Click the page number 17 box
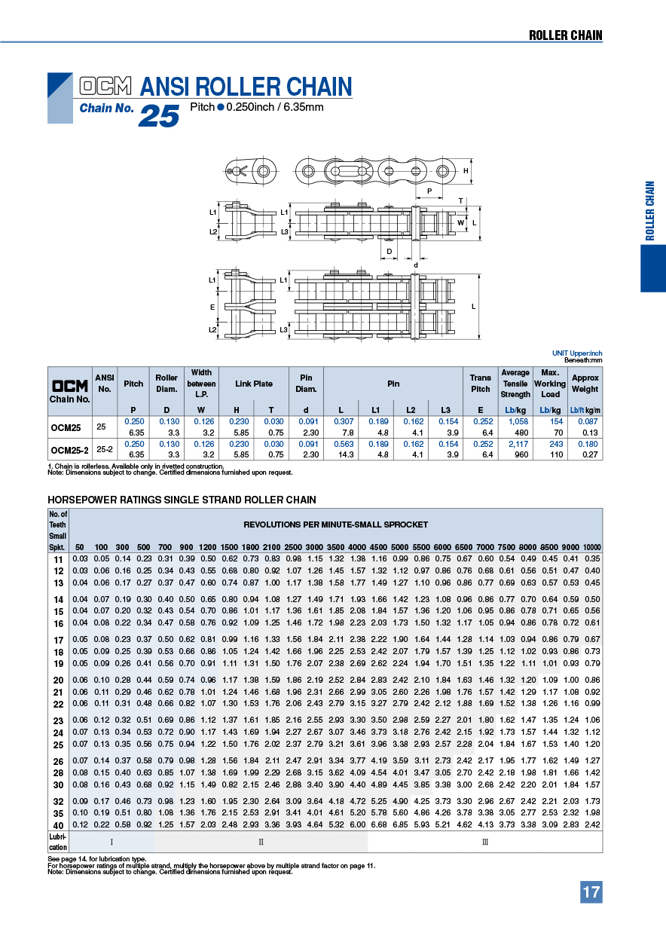591,892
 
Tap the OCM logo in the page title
105,85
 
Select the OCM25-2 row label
70,450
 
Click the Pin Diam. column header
306,384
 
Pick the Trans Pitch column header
481,384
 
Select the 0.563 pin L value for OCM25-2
344,445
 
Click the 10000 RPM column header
592,546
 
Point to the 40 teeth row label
58,825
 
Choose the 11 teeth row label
58,558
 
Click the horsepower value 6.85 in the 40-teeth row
401,825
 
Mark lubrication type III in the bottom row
485,842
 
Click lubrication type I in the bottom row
112,842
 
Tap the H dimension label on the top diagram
466,170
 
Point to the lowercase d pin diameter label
415,265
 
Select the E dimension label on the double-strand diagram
212,307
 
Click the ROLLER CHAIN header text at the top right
565,35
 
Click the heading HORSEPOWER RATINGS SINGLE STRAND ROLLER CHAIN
182,500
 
